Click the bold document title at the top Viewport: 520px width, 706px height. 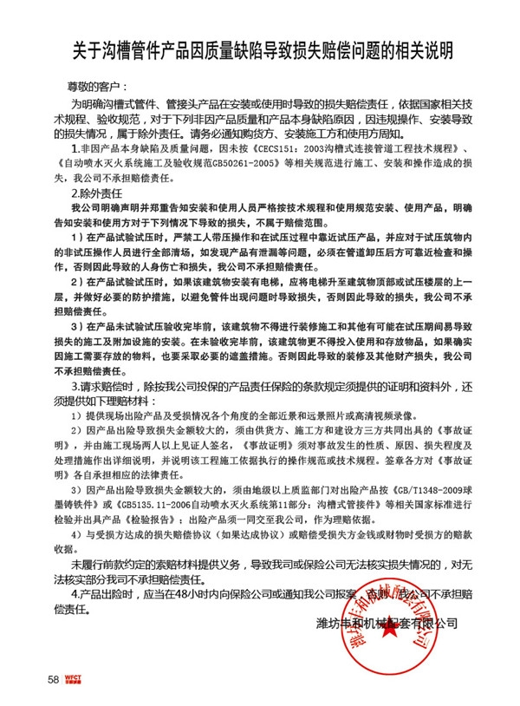(260, 49)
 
